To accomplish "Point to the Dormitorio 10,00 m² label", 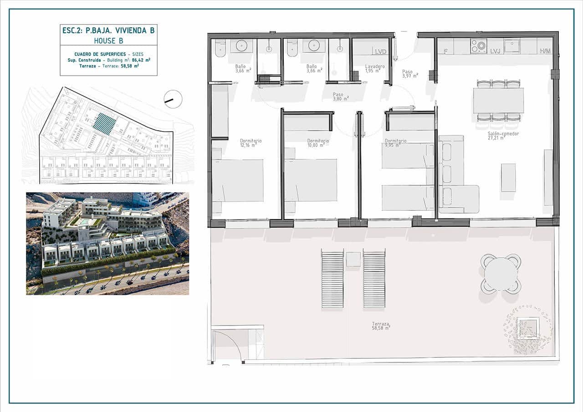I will [318, 143].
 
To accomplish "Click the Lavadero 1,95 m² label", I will [375, 68].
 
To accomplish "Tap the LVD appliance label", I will [380, 51].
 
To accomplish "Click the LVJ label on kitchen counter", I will [495, 51].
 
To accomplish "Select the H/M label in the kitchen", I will [545, 51].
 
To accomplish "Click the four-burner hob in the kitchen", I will [478, 46].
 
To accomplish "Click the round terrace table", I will [501, 274].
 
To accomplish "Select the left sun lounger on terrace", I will [332, 279].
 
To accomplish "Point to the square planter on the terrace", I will [528, 328].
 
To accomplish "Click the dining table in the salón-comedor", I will [498, 100].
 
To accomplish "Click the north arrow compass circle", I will [173, 99].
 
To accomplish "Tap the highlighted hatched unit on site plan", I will [104, 123].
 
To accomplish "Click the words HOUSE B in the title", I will [108, 41].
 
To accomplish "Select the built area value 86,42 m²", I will [141, 60].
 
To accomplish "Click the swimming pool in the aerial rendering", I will [85, 221].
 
